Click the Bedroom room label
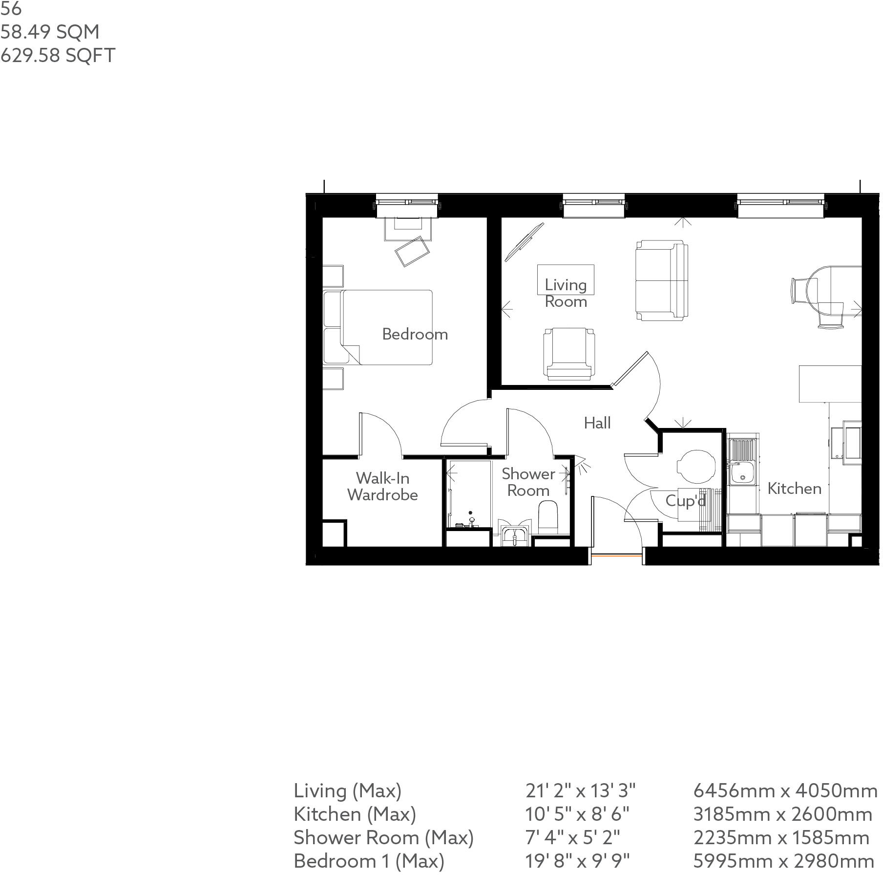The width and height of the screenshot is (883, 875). pyautogui.click(x=415, y=334)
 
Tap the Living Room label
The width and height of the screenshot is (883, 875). pyautogui.click(x=566, y=293)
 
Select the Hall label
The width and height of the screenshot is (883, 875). pyautogui.click(x=597, y=423)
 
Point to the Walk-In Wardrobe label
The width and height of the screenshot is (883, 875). pyautogui.click(x=382, y=487)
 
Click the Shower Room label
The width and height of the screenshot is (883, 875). pyautogui.click(x=528, y=482)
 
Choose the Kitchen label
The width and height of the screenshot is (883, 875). pyautogui.click(x=794, y=489)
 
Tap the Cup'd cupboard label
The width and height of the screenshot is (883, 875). pyautogui.click(x=686, y=501)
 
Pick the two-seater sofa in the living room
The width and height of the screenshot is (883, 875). pyautogui.click(x=662, y=280)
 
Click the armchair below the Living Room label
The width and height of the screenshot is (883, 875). pyautogui.click(x=569, y=354)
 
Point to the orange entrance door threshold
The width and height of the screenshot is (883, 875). pyautogui.click(x=616, y=555)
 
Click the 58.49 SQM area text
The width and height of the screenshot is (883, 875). pyautogui.click(x=50, y=32)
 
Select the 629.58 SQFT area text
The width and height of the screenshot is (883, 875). pyautogui.click(x=58, y=55)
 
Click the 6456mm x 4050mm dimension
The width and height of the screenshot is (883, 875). pyautogui.click(x=785, y=790)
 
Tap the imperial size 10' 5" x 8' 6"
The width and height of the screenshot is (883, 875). pyautogui.click(x=577, y=814)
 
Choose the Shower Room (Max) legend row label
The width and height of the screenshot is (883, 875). pyautogui.click(x=383, y=837)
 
